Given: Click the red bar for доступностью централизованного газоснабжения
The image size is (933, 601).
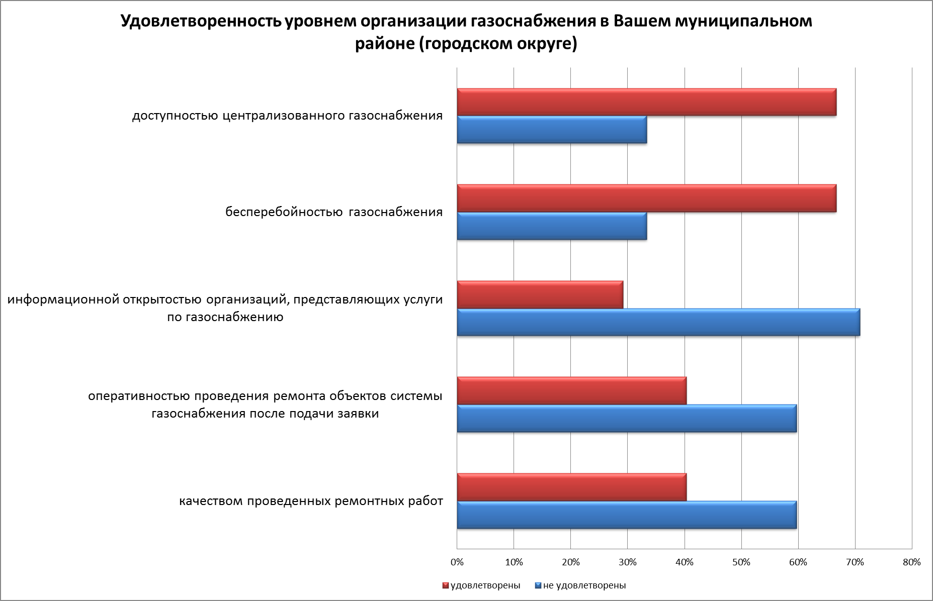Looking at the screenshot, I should [x=646, y=102].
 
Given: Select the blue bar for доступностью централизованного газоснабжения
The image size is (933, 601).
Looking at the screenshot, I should [x=552, y=130].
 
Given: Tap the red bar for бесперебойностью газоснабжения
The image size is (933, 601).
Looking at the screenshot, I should [x=646, y=198].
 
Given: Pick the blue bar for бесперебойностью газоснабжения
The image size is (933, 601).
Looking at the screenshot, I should [x=552, y=226].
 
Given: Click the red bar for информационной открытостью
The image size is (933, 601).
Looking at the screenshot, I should [x=540, y=294].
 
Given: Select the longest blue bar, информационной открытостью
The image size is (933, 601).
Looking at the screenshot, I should [x=658, y=322].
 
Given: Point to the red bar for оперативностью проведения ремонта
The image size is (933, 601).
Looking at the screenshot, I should [x=571, y=390].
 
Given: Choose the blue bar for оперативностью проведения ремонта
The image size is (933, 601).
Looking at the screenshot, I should [x=627, y=418].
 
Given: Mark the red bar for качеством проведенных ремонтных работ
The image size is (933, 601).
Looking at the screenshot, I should [x=571, y=487].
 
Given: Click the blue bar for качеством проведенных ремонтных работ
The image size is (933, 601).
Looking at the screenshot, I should [x=627, y=515].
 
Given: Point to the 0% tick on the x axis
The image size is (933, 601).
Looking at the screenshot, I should [x=457, y=562].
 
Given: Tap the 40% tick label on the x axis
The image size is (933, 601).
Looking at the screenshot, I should [x=685, y=562].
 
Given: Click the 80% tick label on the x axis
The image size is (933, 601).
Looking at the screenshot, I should [x=912, y=562].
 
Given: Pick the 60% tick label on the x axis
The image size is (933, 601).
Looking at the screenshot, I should [x=798, y=562].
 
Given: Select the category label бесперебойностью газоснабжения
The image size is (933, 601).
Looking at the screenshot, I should [x=334, y=212].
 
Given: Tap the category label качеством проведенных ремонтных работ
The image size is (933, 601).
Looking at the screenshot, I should [x=311, y=501].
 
